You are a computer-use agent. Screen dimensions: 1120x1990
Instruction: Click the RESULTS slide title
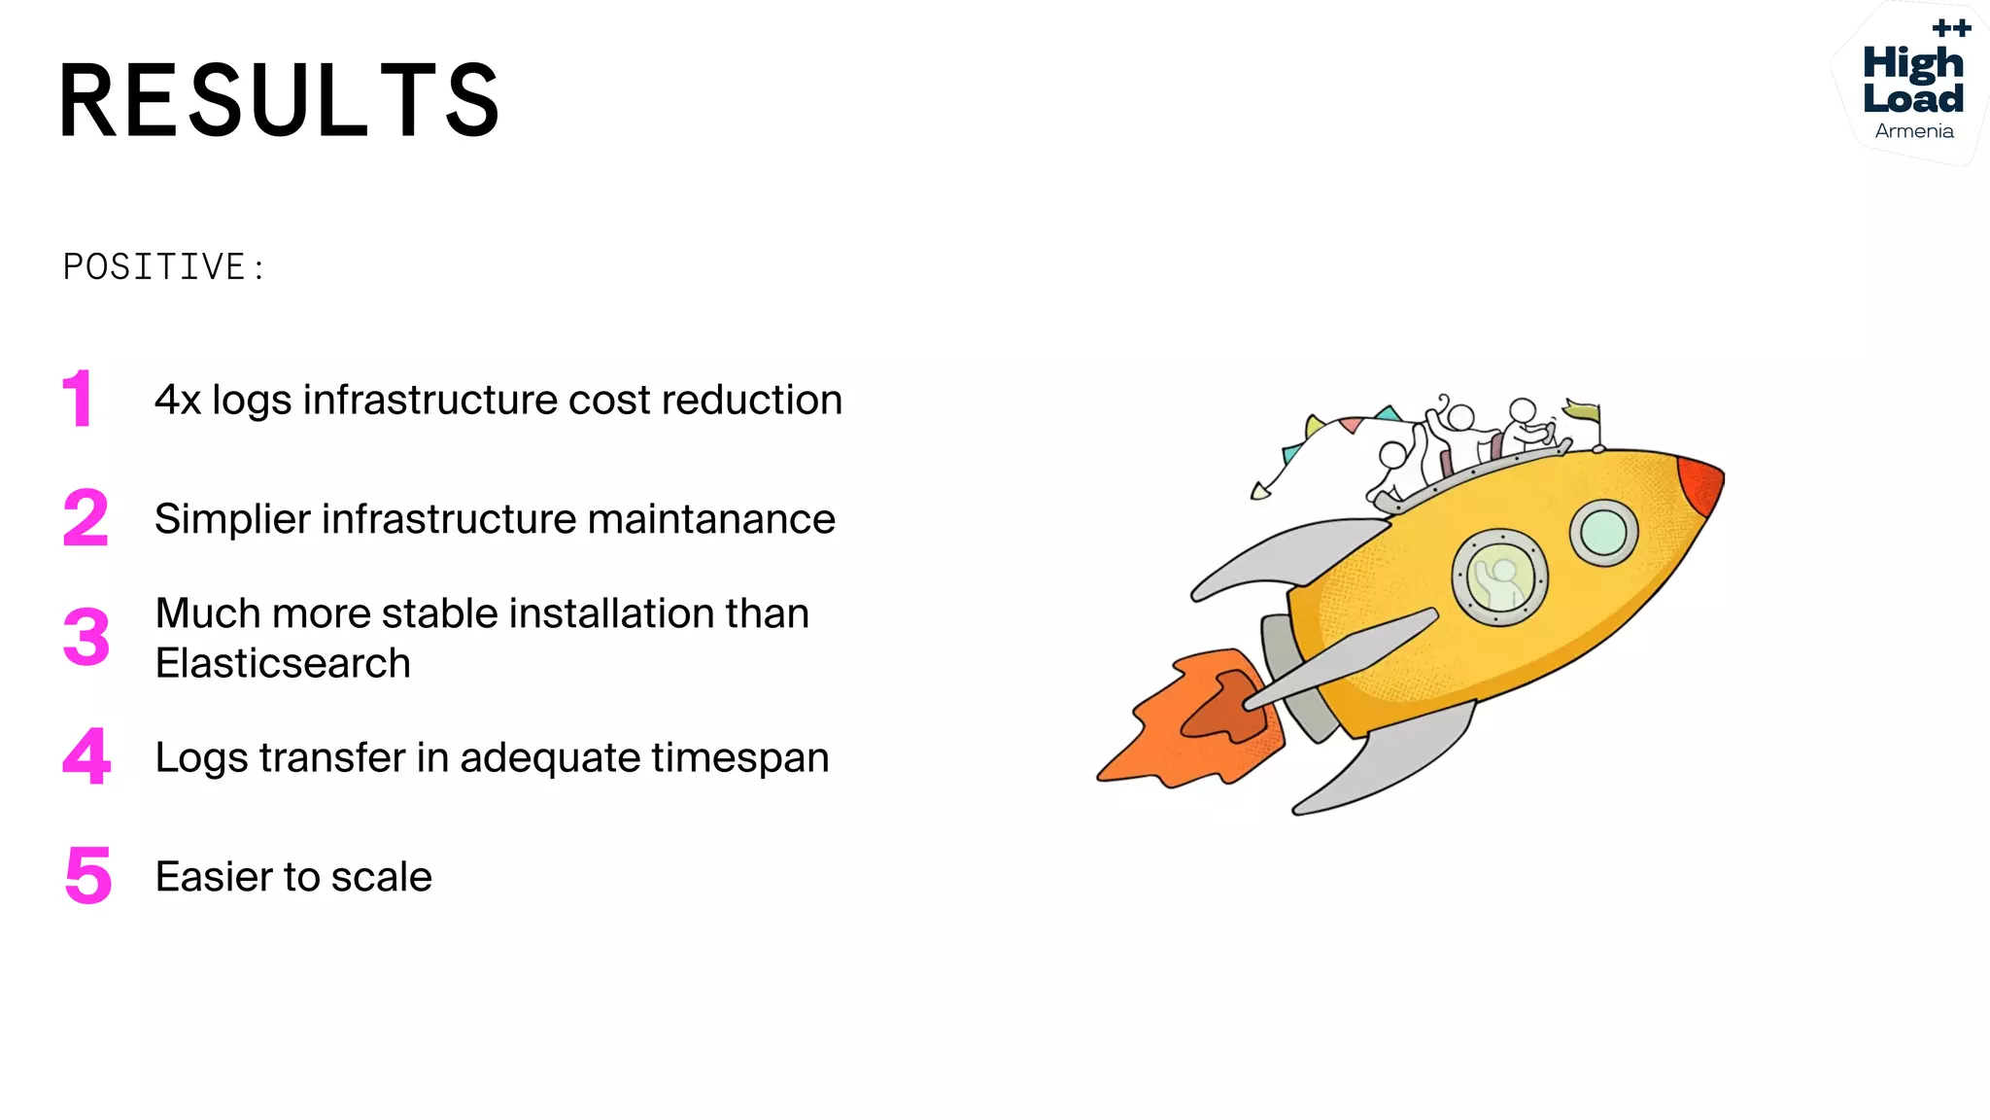click(280, 100)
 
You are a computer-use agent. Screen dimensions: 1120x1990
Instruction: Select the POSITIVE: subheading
click(163, 267)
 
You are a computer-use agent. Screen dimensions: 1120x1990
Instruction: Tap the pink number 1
click(78, 399)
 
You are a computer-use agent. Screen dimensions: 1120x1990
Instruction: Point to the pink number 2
click(86, 518)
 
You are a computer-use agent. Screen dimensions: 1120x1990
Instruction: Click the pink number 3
click(86, 638)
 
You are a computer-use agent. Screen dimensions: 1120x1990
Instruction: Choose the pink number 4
click(86, 756)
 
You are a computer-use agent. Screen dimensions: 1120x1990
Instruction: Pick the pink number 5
click(88, 875)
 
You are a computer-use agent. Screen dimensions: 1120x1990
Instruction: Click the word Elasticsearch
click(283, 664)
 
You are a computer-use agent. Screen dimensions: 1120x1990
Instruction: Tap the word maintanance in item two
click(711, 519)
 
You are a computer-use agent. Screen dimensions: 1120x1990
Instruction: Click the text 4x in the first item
click(178, 401)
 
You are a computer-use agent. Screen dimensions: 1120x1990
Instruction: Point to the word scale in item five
click(381, 877)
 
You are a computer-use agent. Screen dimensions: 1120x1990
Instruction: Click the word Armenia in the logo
click(1914, 131)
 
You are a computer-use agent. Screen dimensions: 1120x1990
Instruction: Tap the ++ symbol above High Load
click(1951, 28)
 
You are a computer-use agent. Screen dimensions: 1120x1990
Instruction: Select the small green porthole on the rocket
click(1603, 532)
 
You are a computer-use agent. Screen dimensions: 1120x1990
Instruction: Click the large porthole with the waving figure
click(1499, 577)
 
